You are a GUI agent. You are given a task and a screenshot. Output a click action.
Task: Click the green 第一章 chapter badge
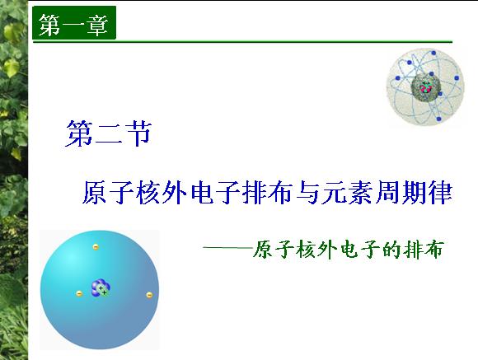coord(74,23)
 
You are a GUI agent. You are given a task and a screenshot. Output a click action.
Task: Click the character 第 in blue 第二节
coord(78,133)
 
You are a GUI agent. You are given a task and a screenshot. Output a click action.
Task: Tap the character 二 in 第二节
coord(109,134)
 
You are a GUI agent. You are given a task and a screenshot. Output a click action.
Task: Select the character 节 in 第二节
coord(138,133)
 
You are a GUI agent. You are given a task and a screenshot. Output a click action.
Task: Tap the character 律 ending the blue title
coord(440,193)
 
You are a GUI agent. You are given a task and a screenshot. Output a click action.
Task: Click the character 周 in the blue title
coord(387,193)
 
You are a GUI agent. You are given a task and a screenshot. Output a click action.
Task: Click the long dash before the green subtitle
coord(228,248)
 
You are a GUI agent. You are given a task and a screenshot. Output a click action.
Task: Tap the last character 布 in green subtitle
coord(433,250)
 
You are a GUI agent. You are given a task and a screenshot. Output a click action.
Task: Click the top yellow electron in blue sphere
coord(96,247)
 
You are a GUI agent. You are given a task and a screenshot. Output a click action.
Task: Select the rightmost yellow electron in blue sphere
coord(149,295)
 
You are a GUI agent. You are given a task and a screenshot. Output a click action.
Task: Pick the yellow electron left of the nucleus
coord(79,294)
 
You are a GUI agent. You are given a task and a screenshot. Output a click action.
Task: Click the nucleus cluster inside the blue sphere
coord(101,288)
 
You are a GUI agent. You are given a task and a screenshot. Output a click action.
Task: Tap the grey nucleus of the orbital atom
coord(426,87)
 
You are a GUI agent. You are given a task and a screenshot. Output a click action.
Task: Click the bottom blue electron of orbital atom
coord(439,119)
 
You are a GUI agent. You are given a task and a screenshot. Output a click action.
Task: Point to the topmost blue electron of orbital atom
coord(433,53)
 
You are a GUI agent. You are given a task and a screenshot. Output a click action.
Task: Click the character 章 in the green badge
coord(97,25)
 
